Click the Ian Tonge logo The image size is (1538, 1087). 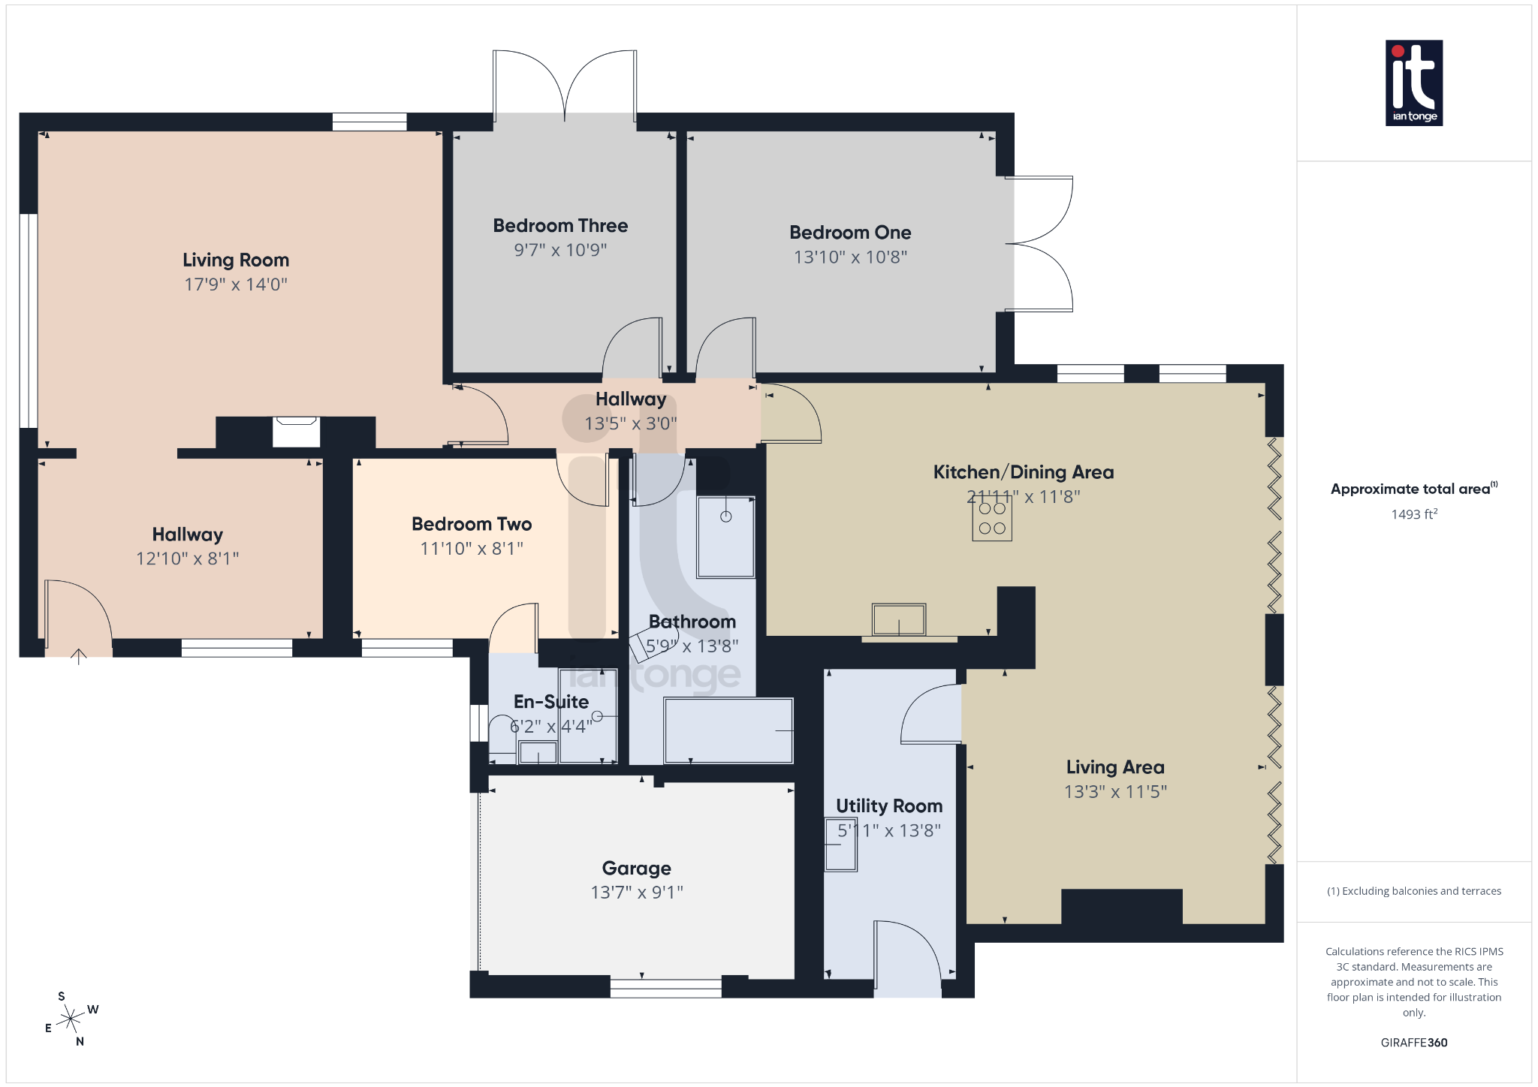(x=1413, y=83)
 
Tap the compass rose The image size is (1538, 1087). (x=71, y=1019)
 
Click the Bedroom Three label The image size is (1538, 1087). (x=560, y=225)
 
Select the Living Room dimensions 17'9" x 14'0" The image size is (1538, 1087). (x=236, y=285)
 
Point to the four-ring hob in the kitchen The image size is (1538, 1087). (x=992, y=519)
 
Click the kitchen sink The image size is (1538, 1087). (x=899, y=620)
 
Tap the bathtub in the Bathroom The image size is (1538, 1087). (x=728, y=730)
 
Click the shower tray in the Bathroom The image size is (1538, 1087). (x=725, y=537)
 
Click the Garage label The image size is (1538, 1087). (x=636, y=868)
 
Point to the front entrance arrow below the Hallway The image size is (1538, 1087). (x=78, y=657)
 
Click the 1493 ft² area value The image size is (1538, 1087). (x=1413, y=514)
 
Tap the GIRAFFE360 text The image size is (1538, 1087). (x=1413, y=1042)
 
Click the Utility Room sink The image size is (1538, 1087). (x=840, y=845)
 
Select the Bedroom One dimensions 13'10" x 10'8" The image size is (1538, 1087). (x=850, y=257)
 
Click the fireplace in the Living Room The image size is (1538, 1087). (x=296, y=432)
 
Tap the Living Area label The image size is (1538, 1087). (x=1115, y=766)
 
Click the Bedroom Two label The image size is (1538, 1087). (x=472, y=524)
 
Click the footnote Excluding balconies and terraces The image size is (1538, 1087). (x=1413, y=891)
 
